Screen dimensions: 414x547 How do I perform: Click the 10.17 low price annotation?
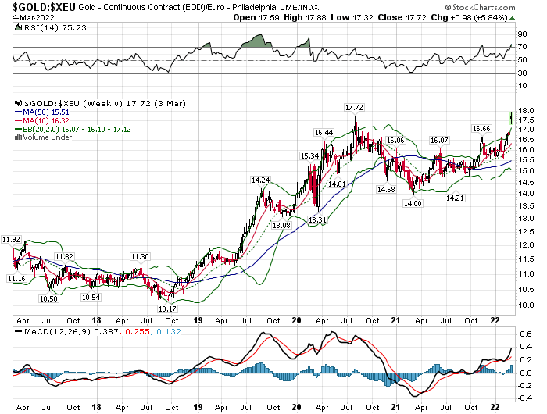point(166,309)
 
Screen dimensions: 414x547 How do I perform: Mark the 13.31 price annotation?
point(317,221)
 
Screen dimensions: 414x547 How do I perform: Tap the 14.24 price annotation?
point(261,180)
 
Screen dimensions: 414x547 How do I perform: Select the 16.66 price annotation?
point(481,127)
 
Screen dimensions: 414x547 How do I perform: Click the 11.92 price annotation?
point(11,239)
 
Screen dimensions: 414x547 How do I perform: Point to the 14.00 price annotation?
point(413,203)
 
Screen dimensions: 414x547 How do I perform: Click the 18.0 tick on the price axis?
point(525,112)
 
